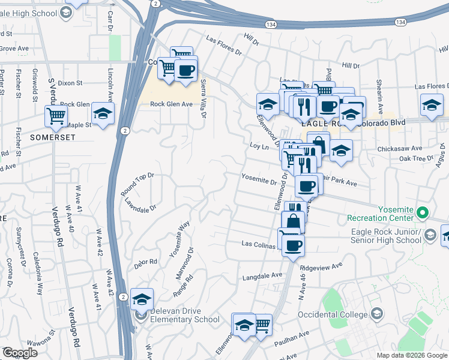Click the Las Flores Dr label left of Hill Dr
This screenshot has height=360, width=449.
[223, 47]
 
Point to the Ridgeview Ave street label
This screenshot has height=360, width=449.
[321, 265]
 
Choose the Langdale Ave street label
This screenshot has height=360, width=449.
[262, 277]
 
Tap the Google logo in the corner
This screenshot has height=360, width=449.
[20, 353]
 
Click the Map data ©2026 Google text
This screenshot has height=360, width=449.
[411, 355]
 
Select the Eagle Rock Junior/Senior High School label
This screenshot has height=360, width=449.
[384, 236]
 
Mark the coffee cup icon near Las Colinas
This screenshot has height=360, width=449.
[293, 245]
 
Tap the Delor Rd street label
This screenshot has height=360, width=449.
[145, 262]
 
